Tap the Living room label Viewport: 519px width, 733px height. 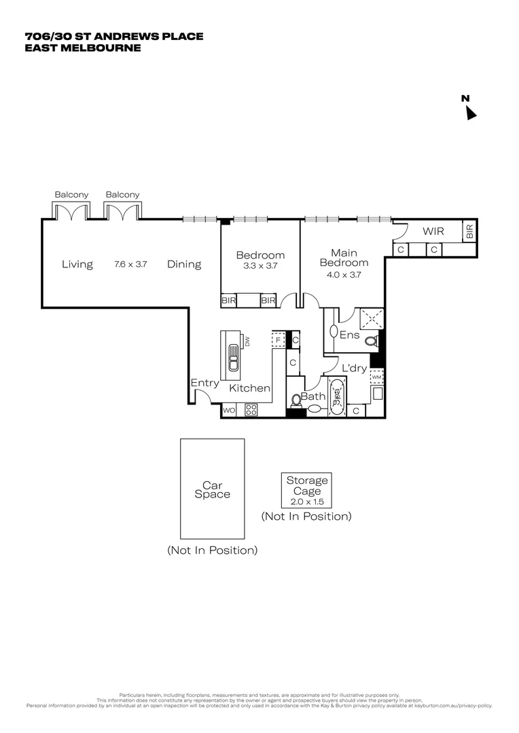pyautogui.click(x=77, y=265)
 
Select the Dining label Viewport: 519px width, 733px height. pyautogui.click(x=184, y=265)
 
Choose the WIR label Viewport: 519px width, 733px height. pyautogui.click(x=433, y=231)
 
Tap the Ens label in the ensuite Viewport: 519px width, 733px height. pyautogui.click(x=349, y=335)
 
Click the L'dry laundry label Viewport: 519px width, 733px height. pyautogui.click(x=354, y=369)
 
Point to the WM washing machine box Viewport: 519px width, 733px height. pyautogui.click(x=376, y=376)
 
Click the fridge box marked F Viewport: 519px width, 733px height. pyautogui.click(x=277, y=339)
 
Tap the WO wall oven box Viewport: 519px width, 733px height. pyautogui.click(x=228, y=410)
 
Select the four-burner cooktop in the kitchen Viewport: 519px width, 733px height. pyautogui.click(x=250, y=410)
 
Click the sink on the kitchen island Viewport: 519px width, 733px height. pyautogui.click(x=233, y=360)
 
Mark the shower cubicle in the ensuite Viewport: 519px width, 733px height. pyautogui.click(x=371, y=318)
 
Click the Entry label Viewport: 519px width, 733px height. pyautogui.click(x=204, y=383)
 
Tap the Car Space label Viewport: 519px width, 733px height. pyautogui.click(x=212, y=490)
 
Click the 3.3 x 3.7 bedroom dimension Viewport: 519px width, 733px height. pyautogui.click(x=260, y=266)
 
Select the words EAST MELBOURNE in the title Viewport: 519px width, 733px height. pyautogui.click(x=83, y=48)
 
